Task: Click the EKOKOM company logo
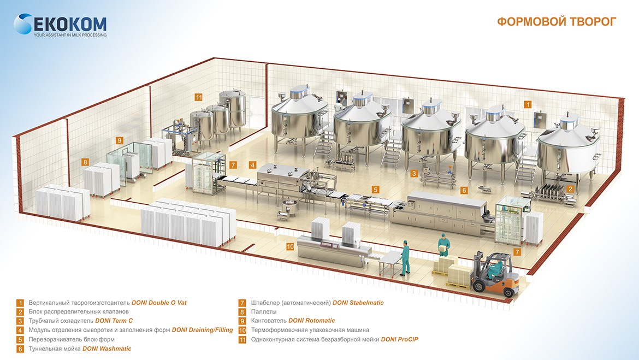tap(60, 24)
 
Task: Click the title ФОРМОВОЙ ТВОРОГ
tap(557, 22)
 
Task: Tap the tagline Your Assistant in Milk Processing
tap(70, 35)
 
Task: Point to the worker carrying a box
tap(442, 251)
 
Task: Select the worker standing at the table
tap(405, 257)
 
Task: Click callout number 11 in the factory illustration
tap(198, 98)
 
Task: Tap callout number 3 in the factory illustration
tap(415, 174)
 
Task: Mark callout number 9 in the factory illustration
tap(120, 140)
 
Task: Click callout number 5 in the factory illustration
tap(375, 189)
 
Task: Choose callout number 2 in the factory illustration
tap(570, 189)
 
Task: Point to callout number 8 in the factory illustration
tap(85, 162)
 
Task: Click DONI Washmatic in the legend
tap(106, 349)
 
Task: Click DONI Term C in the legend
tap(114, 321)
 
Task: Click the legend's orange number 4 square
tap(20, 330)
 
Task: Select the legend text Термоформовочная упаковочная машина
tap(310, 330)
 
